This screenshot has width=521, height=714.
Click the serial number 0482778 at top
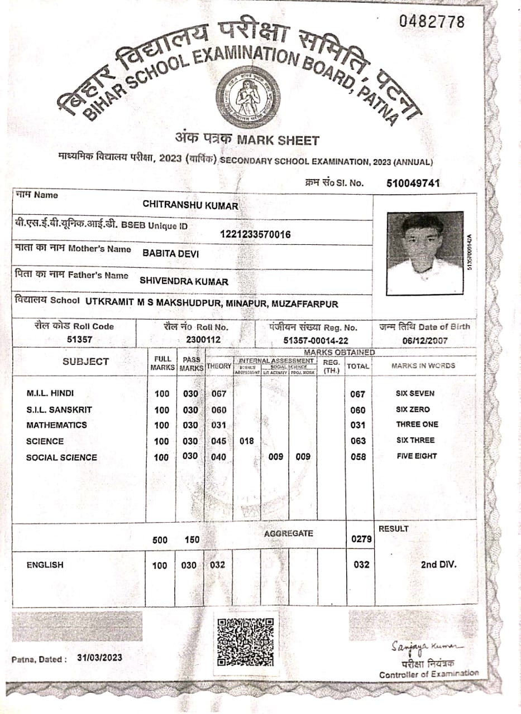click(431, 22)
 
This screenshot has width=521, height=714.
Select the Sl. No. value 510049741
click(413, 183)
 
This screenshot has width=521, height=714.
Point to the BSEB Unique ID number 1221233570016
click(256, 235)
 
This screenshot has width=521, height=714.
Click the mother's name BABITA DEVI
click(171, 253)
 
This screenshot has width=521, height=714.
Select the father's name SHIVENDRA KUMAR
click(184, 282)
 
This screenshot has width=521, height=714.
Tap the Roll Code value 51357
click(79, 339)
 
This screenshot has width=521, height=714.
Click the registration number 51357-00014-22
click(316, 340)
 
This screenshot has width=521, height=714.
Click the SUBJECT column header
click(85, 361)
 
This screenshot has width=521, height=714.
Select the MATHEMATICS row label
click(57, 425)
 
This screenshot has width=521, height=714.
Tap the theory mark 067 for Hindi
click(218, 394)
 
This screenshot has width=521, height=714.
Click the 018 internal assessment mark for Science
click(246, 441)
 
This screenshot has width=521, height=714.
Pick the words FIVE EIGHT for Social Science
click(416, 456)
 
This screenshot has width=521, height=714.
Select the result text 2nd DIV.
click(438, 565)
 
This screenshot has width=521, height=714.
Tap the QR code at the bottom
click(245, 641)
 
